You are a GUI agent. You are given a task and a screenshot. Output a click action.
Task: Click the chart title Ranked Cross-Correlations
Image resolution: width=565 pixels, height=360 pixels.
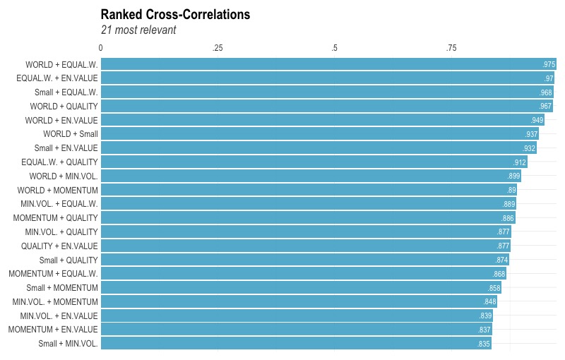175,14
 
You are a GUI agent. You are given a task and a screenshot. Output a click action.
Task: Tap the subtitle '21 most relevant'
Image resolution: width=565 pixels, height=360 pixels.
138,30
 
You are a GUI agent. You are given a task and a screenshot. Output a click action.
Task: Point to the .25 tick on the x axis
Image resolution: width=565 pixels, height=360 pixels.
218,48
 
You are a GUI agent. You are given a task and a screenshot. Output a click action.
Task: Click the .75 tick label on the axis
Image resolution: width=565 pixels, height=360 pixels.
451,48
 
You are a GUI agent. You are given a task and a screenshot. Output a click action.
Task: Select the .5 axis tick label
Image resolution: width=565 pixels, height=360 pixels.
334,48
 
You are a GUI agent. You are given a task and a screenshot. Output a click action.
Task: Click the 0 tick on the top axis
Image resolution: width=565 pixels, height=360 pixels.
101,48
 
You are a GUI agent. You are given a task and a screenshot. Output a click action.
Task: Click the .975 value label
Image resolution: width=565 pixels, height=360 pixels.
549,64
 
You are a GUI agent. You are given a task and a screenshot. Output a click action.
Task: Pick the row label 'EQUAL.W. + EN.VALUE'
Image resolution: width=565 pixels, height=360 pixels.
57,78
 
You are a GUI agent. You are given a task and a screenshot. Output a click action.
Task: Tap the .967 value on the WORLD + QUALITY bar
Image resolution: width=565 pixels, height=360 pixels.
545,106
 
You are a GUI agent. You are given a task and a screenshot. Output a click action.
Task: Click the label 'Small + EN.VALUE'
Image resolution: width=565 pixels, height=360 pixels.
66,148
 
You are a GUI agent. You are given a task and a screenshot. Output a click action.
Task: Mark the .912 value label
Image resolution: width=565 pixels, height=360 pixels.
520,162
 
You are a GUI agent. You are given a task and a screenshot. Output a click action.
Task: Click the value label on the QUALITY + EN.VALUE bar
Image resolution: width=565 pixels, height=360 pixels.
503,246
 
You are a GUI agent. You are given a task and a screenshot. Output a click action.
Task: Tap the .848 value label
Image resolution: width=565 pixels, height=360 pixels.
490,301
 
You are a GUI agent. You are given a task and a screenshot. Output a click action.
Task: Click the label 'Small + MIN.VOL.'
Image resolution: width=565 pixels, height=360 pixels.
69,343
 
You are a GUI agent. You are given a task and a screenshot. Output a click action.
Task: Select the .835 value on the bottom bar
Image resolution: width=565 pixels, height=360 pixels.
484,344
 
